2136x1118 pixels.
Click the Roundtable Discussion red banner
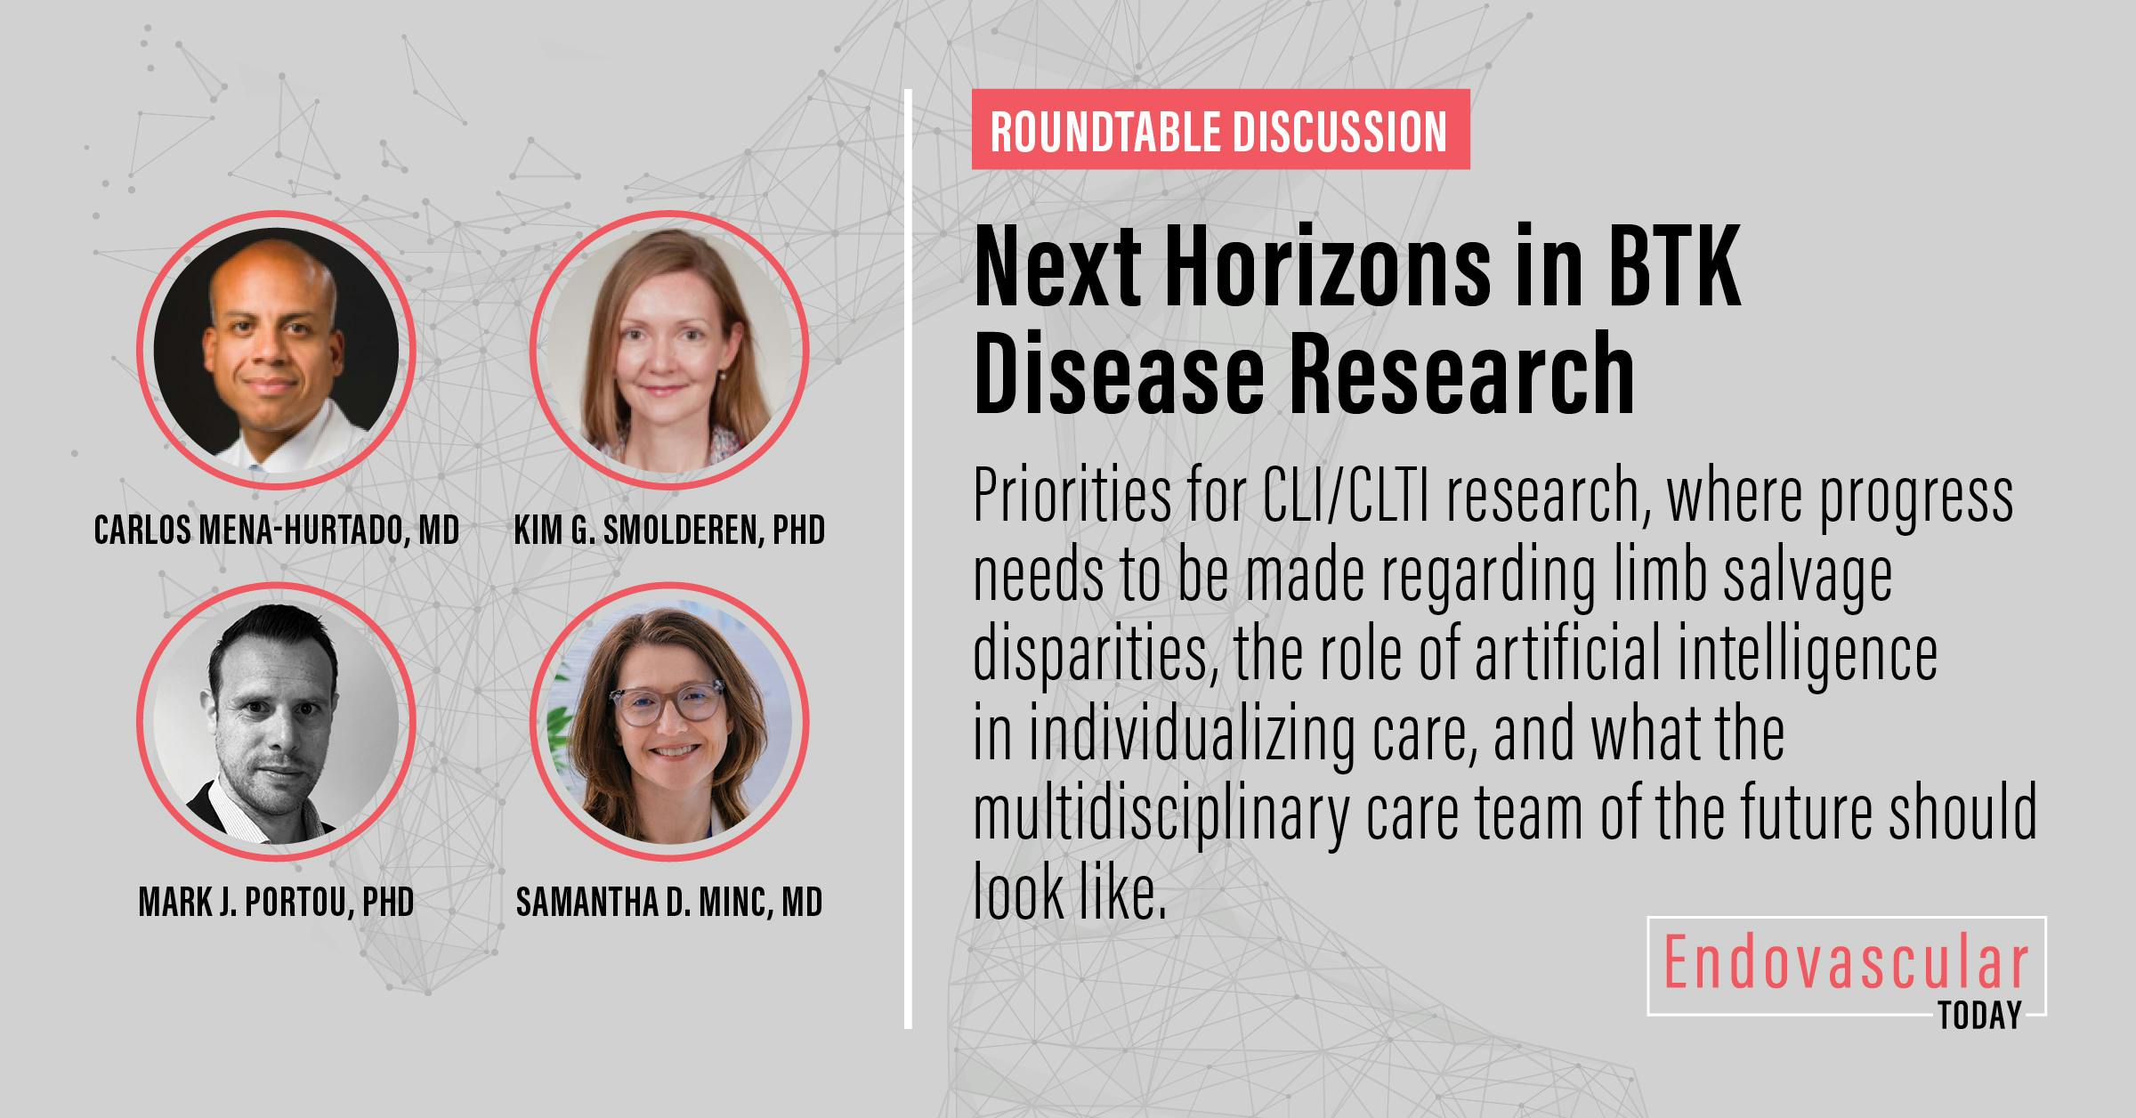tap(1219, 130)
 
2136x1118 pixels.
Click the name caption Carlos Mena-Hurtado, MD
tap(277, 531)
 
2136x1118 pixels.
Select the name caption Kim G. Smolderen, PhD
tap(669, 531)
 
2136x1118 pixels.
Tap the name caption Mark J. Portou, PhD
tap(277, 902)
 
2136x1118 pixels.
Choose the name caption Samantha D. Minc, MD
tap(669, 902)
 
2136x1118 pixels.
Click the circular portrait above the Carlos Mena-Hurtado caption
tap(276, 350)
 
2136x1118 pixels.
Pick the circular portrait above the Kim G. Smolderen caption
tap(669, 350)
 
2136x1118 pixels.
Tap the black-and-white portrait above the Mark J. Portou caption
tap(276, 722)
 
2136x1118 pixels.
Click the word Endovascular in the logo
tap(1846, 966)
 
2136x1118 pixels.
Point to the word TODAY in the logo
tap(1979, 1015)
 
